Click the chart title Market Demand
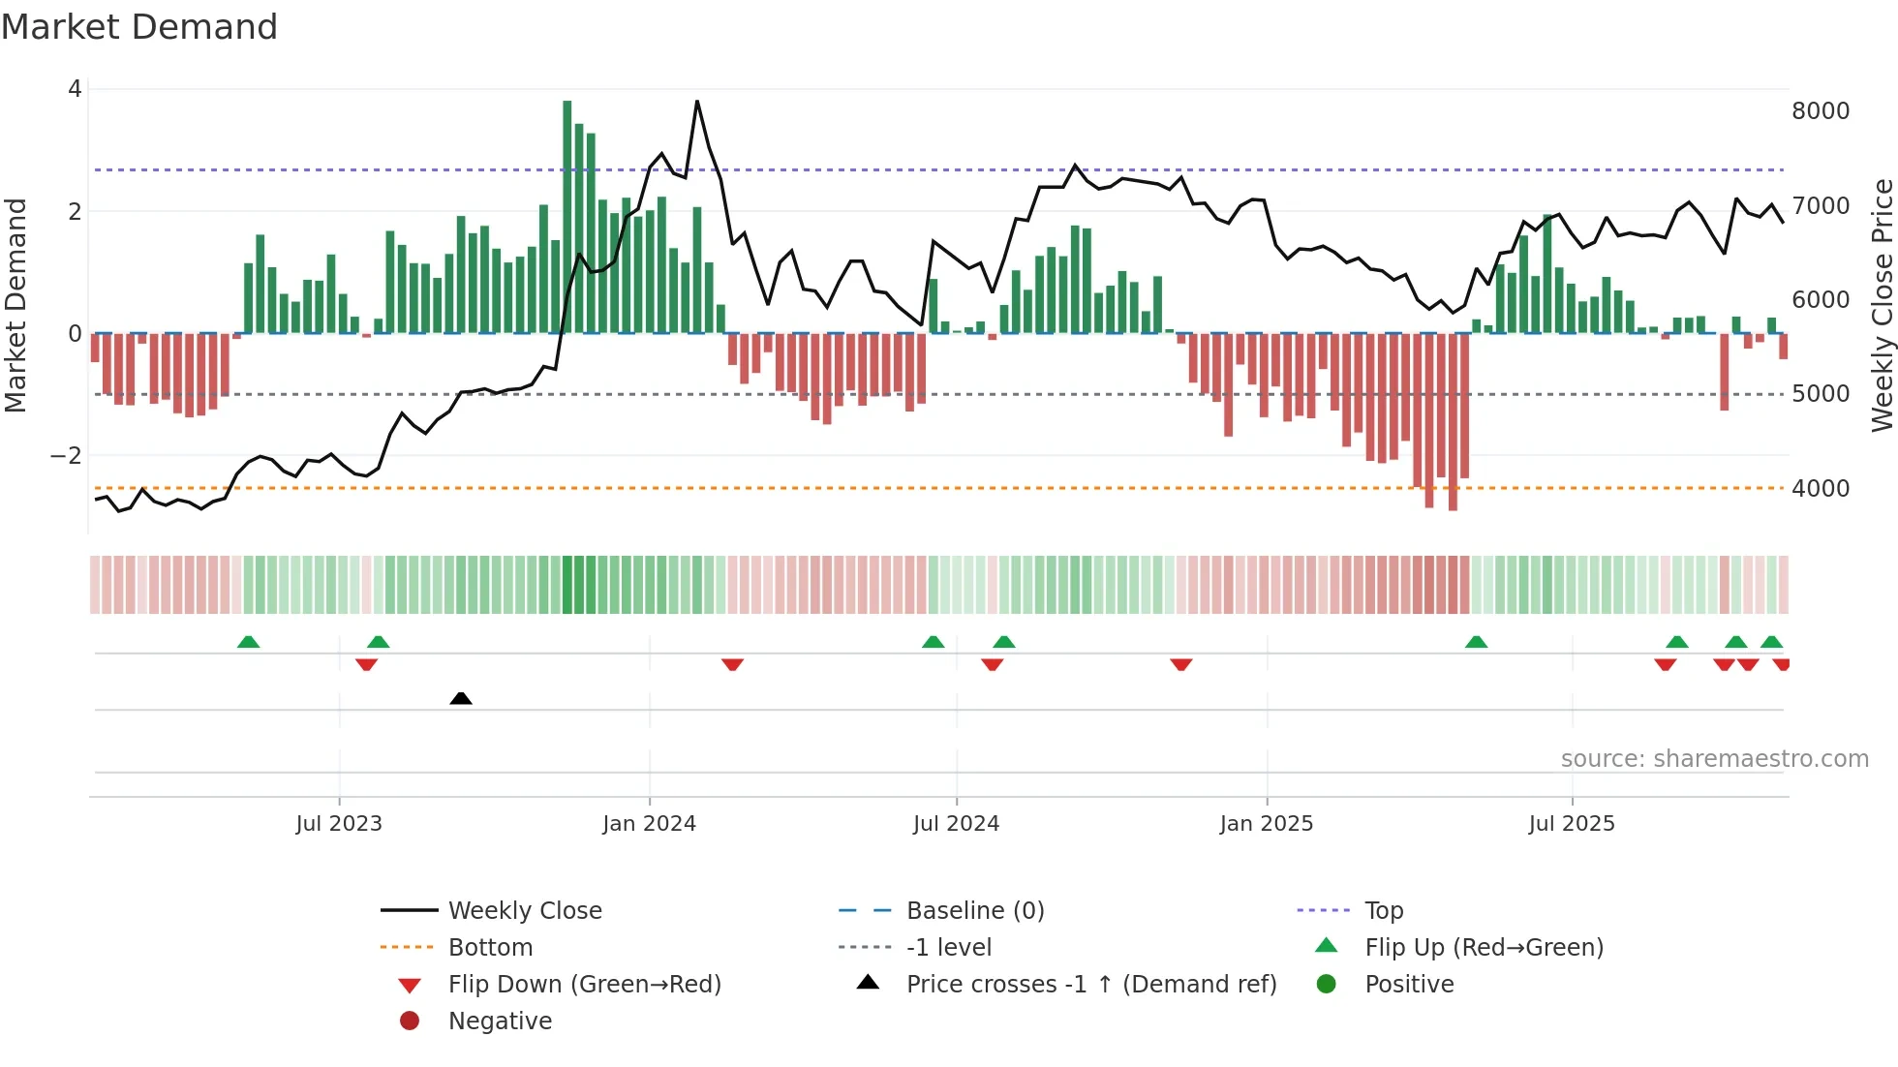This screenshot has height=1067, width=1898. pyautogui.click(x=139, y=27)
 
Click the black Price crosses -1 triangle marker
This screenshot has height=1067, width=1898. pyautogui.click(x=461, y=698)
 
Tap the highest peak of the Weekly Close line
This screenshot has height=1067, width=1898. pyautogui.click(x=697, y=102)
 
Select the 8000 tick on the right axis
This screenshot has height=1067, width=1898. pyautogui.click(x=1820, y=111)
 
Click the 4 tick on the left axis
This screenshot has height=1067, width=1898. pyautogui.click(x=75, y=89)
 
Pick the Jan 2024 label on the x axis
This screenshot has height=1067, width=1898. pyautogui.click(x=649, y=824)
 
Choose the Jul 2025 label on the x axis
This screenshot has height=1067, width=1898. pyautogui.click(x=1572, y=824)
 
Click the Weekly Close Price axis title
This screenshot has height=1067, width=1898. pyautogui.click(x=1882, y=305)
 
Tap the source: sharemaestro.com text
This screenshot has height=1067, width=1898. pyautogui.click(x=1714, y=759)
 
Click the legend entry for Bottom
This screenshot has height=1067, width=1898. pyautogui.click(x=490, y=947)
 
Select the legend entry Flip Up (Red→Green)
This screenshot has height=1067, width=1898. pyautogui.click(x=1484, y=947)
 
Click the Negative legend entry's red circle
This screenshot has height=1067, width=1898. pyautogui.click(x=410, y=1021)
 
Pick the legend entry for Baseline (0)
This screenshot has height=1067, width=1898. pyautogui.click(x=974, y=910)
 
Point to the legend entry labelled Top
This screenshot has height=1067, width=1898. pyautogui.click(x=1384, y=910)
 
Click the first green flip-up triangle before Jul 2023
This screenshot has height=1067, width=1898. pyautogui.click(x=249, y=642)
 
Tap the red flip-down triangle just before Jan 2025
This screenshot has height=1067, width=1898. pyautogui.click(x=1181, y=664)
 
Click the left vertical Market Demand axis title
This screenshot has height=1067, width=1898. pyautogui.click(x=15, y=305)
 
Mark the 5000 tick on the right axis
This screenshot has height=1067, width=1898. pyautogui.click(x=1820, y=394)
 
